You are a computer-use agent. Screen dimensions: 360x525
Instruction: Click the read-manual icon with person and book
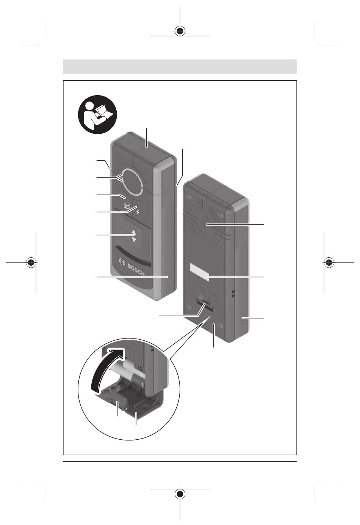[x=97, y=114]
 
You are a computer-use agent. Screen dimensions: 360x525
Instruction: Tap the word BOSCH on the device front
[x=136, y=270]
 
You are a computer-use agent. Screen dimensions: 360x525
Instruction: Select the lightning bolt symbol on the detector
[x=138, y=213]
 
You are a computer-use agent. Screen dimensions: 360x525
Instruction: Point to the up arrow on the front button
[x=134, y=232]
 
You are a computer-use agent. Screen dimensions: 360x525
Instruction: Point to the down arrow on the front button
[x=134, y=239]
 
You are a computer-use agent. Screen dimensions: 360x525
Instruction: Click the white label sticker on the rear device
[x=199, y=271]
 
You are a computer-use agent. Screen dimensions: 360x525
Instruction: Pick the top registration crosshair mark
[x=180, y=31]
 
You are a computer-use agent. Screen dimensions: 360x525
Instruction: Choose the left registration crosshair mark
[x=31, y=262]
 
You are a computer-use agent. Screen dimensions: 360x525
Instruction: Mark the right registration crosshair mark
[x=329, y=262]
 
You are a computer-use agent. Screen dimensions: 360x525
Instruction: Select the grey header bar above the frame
[x=180, y=67]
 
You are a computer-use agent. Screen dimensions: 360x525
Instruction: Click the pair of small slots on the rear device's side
[x=233, y=294]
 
